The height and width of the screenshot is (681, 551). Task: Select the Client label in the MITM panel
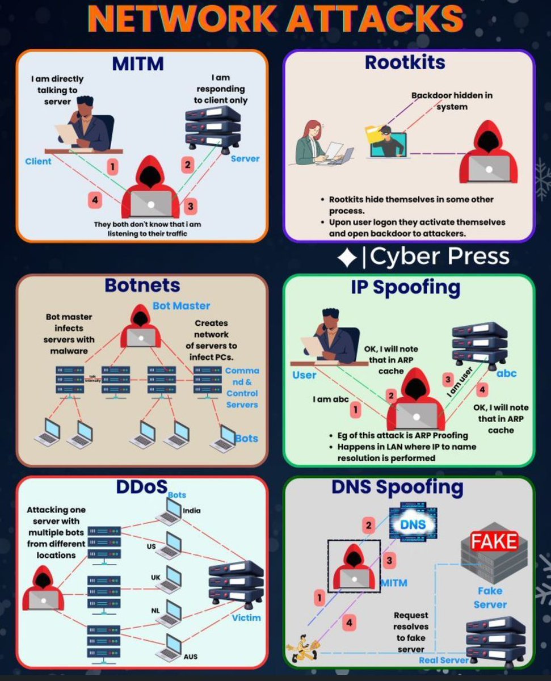[38, 161]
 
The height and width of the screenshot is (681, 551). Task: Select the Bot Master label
[181, 306]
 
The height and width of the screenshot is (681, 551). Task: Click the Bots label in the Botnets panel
[246, 438]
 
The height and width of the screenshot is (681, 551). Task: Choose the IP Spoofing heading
[405, 288]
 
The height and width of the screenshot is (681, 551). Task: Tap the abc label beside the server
[506, 373]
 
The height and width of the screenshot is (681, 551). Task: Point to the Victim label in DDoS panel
[246, 617]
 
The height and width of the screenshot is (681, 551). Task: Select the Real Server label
[443, 660]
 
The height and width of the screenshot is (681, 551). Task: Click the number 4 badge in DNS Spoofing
[349, 623]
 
